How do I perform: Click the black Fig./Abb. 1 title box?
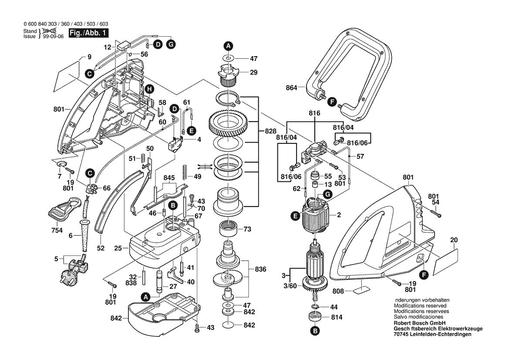click(x=88, y=33)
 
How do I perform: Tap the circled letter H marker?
click(x=149, y=89)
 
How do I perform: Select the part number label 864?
click(x=291, y=88)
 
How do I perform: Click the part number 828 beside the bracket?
click(x=270, y=131)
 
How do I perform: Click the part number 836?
click(x=260, y=269)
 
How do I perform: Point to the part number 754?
click(x=57, y=231)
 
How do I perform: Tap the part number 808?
click(x=338, y=291)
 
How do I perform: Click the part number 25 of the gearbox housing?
click(x=118, y=248)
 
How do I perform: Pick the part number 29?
click(x=253, y=72)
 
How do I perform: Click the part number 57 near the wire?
click(x=360, y=156)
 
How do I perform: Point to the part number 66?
click(x=107, y=188)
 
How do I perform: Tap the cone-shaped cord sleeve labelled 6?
click(x=84, y=236)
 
